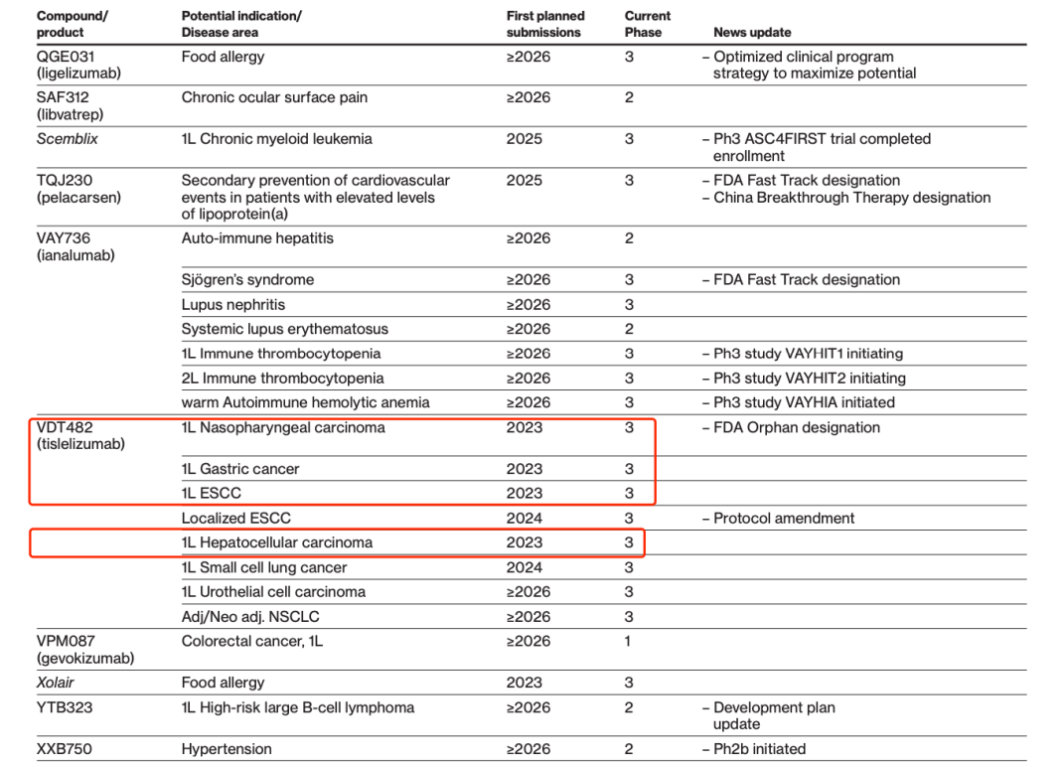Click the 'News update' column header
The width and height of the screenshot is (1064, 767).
tap(752, 33)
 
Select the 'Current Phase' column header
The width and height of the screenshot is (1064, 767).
tap(648, 24)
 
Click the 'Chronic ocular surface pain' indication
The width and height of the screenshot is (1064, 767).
tap(274, 97)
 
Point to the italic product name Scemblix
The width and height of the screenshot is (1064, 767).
tap(68, 139)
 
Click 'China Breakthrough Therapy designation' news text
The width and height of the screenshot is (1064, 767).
tap(851, 198)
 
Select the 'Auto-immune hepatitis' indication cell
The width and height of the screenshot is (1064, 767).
tap(257, 238)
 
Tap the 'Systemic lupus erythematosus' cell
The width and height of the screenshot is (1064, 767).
tap(284, 329)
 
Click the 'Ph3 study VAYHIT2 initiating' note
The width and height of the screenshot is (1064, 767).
tap(809, 379)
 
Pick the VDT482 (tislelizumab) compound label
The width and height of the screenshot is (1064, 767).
tap(80, 435)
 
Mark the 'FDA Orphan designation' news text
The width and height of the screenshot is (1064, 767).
tap(796, 427)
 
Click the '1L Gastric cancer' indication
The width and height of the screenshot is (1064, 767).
tap(240, 469)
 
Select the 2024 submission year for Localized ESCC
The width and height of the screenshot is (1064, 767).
tap(525, 518)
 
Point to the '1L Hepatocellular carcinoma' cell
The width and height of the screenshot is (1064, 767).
tap(277, 542)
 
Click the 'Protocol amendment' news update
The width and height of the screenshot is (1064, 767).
tap(784, 518)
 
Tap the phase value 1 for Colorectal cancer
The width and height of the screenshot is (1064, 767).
tap(628, 641)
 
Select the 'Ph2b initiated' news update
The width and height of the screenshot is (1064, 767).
tap(759, 749)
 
